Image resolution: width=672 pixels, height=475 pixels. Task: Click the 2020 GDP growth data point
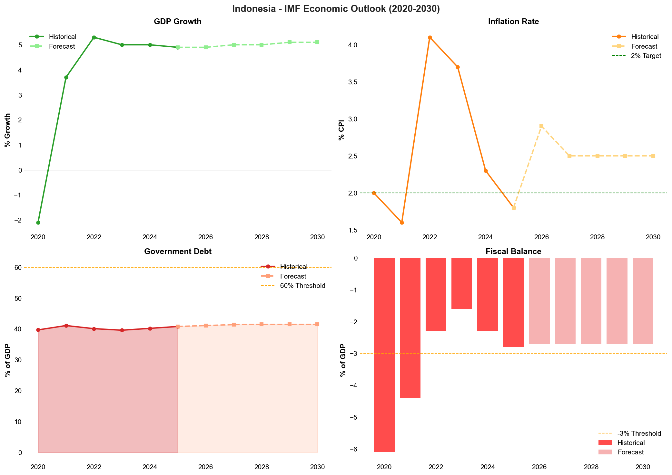[x=38, y=223]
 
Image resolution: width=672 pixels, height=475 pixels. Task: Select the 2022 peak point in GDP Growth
[x=94, y=37]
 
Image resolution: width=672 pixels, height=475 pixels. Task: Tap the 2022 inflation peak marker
[x=430, y=37]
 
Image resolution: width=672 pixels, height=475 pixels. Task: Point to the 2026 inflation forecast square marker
[x=541, y=126]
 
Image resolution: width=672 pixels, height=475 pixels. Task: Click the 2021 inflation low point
[x=402, y=223]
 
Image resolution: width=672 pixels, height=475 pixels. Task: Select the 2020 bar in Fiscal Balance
[x=384, y=354]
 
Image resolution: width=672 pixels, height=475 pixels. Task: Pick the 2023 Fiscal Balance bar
[x=461, y=283]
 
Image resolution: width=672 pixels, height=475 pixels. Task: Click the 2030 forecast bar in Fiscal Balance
[x=643, y=301]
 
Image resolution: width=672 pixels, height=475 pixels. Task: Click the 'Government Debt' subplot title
[x=178, y=252]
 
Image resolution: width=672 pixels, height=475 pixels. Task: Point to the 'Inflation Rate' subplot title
[x=513, y=22]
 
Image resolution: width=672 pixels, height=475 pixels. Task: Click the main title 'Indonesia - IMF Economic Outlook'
[x=336, y=9]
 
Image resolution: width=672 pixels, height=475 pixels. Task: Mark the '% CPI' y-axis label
[x=341, y=130]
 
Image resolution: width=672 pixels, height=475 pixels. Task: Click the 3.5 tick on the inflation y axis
[x=353, y=82]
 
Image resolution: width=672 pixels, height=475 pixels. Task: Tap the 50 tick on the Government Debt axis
[x=18, y=299]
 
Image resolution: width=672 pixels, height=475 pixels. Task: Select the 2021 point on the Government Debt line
[x=66, y=326]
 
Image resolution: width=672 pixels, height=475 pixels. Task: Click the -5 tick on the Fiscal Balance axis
[x=353, y=417]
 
